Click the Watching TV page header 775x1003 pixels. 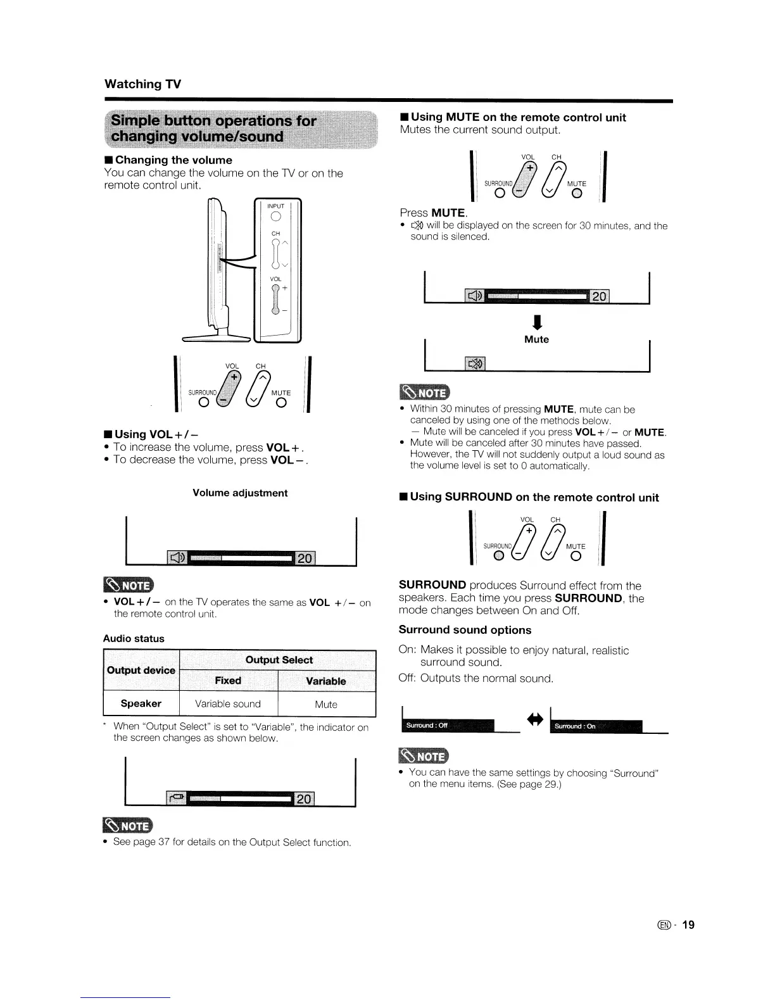(x=142, y=84)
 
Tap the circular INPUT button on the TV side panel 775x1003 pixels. (x=275, y=217)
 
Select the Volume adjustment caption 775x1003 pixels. (x=240, y=493)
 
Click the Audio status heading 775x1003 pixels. (x=134, y=638)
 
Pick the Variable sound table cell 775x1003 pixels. (x=228, y=703)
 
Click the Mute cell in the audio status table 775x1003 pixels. (x=326, y=704)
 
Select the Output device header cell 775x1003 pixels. (x=141, y=670)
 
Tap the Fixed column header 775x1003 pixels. (x=228, y=681)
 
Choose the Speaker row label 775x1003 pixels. (x=141, y=703)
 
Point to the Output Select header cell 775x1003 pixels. (x=279, y=660)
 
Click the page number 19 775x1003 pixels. (x=688, y=924)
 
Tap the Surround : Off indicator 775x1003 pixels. (x=447, y=725)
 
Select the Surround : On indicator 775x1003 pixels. (x=596, y=726)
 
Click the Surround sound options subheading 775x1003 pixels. (x=465, y=630)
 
